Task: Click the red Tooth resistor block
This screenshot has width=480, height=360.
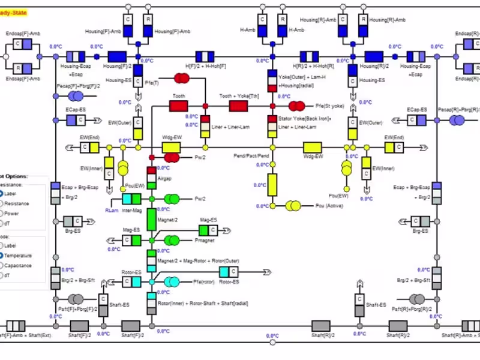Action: pyautogui.click(x=179, y=106)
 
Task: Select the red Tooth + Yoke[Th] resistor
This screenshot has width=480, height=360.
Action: pyautogui.click(x=238, y=106)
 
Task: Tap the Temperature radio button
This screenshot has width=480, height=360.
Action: pyautogui.click(x=2, y=256)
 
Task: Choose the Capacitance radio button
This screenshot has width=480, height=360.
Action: pyautogui.click(x=2, y=265)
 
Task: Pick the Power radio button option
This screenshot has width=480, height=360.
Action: pyautogui.click(x=2, y=213)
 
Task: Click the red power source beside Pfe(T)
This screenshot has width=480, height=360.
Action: pyautogui.click(x=181, y=79)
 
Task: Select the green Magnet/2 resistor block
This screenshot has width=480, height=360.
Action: pyautogui.click(x=152, y=220)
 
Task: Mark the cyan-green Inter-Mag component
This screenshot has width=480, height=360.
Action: pyautogui.click(x=131, y=199)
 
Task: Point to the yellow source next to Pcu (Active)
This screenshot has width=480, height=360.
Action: pyautogui.click(x=293, y=206)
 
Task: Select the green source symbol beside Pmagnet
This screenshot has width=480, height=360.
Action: pyautogui.click(x=172, y=240)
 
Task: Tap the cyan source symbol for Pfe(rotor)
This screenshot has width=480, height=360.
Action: pyautogui.click(x=172, y=281)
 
